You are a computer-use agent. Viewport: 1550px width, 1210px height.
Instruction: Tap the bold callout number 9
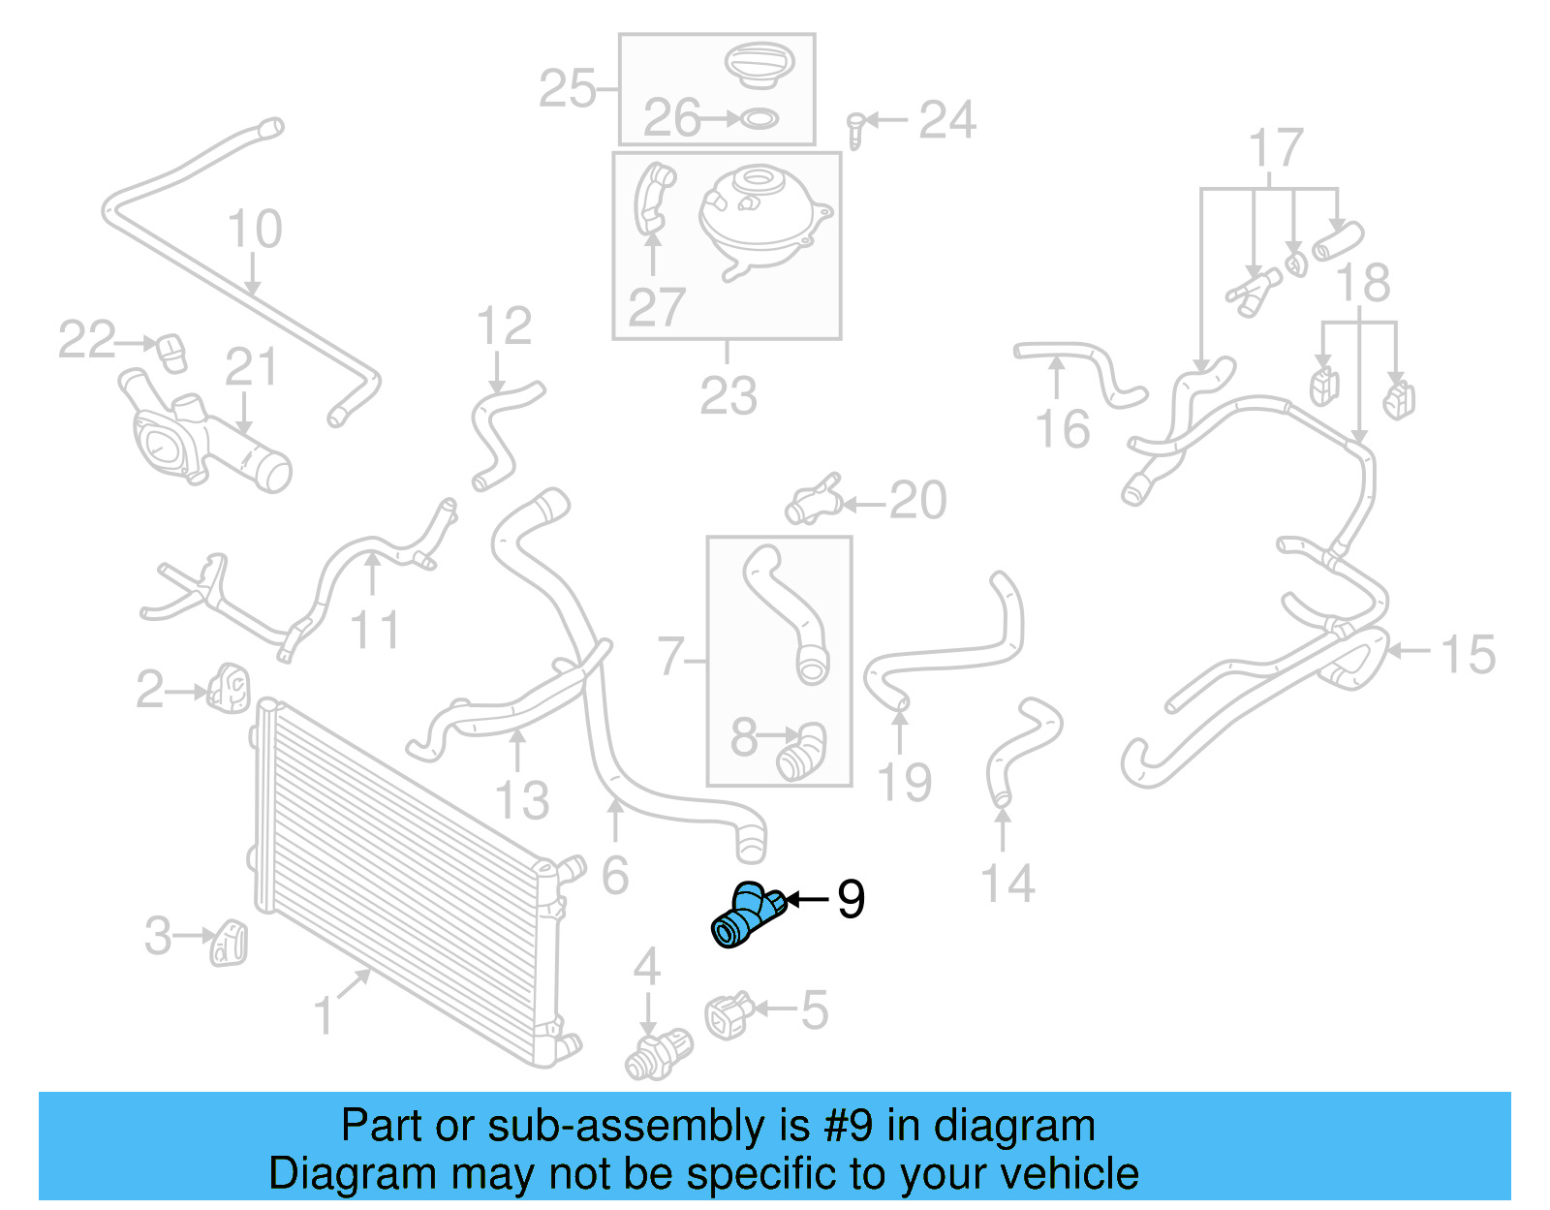point(850,900)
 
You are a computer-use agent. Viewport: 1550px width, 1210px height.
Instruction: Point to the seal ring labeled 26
point(759,119)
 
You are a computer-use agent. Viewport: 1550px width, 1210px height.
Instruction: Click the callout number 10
point(254,230)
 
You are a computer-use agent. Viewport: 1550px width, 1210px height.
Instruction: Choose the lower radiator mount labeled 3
point(230,941)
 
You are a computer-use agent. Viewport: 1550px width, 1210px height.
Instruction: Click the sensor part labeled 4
point(659,1055)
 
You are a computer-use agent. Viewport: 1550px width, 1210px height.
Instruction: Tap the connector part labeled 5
point(728,1014)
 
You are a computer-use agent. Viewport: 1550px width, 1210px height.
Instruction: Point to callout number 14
point(1007,884)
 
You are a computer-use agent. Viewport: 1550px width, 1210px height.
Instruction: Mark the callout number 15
point(1469,655)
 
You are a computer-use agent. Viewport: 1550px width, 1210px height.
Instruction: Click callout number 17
point(1275,149)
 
